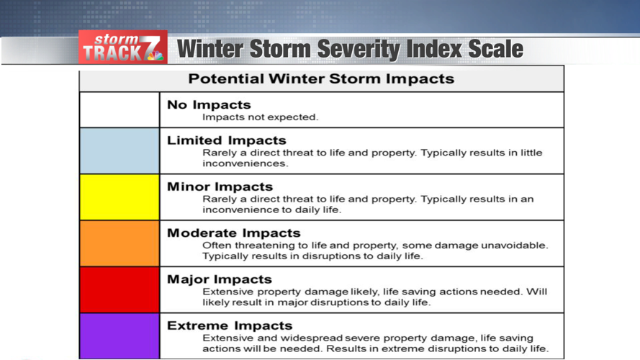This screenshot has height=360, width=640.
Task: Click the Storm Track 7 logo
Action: pyautogui.click(x=122, y=48)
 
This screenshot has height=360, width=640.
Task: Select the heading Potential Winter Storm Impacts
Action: pyautogui.click(x=321, y=78)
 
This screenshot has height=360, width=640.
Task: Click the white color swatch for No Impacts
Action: pyautogui.click(x=119, y=109)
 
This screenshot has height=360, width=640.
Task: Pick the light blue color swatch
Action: pyautogui.click(x=119, y=150)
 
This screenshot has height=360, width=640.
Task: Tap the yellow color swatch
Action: pyautogui.click(x=119, y=197)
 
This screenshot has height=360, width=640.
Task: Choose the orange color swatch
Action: pyautogui.click(x=119, y=243)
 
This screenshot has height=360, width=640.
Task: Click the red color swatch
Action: pyautogui.click(x=119, y=289)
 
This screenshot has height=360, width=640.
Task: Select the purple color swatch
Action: pyautogui.click(x=119, y=336)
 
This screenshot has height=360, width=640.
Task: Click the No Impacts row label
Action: pyautogui.click(x=209, y=105)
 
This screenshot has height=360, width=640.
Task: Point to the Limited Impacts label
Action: pyautogui.click(x=226, y=140)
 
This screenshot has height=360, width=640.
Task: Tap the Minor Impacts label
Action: pyautogui.click(x=220, y=186)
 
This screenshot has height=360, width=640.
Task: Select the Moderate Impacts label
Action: pyautogui.click(x=233, y=233)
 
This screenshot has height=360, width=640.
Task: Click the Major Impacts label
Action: pyautogui.click(x=220, y=279)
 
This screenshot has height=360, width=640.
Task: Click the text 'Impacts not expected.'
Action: pyautogui.click(x=260, y=117)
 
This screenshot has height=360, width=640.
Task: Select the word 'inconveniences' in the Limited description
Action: pyautogui.click(x=235, y=163)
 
